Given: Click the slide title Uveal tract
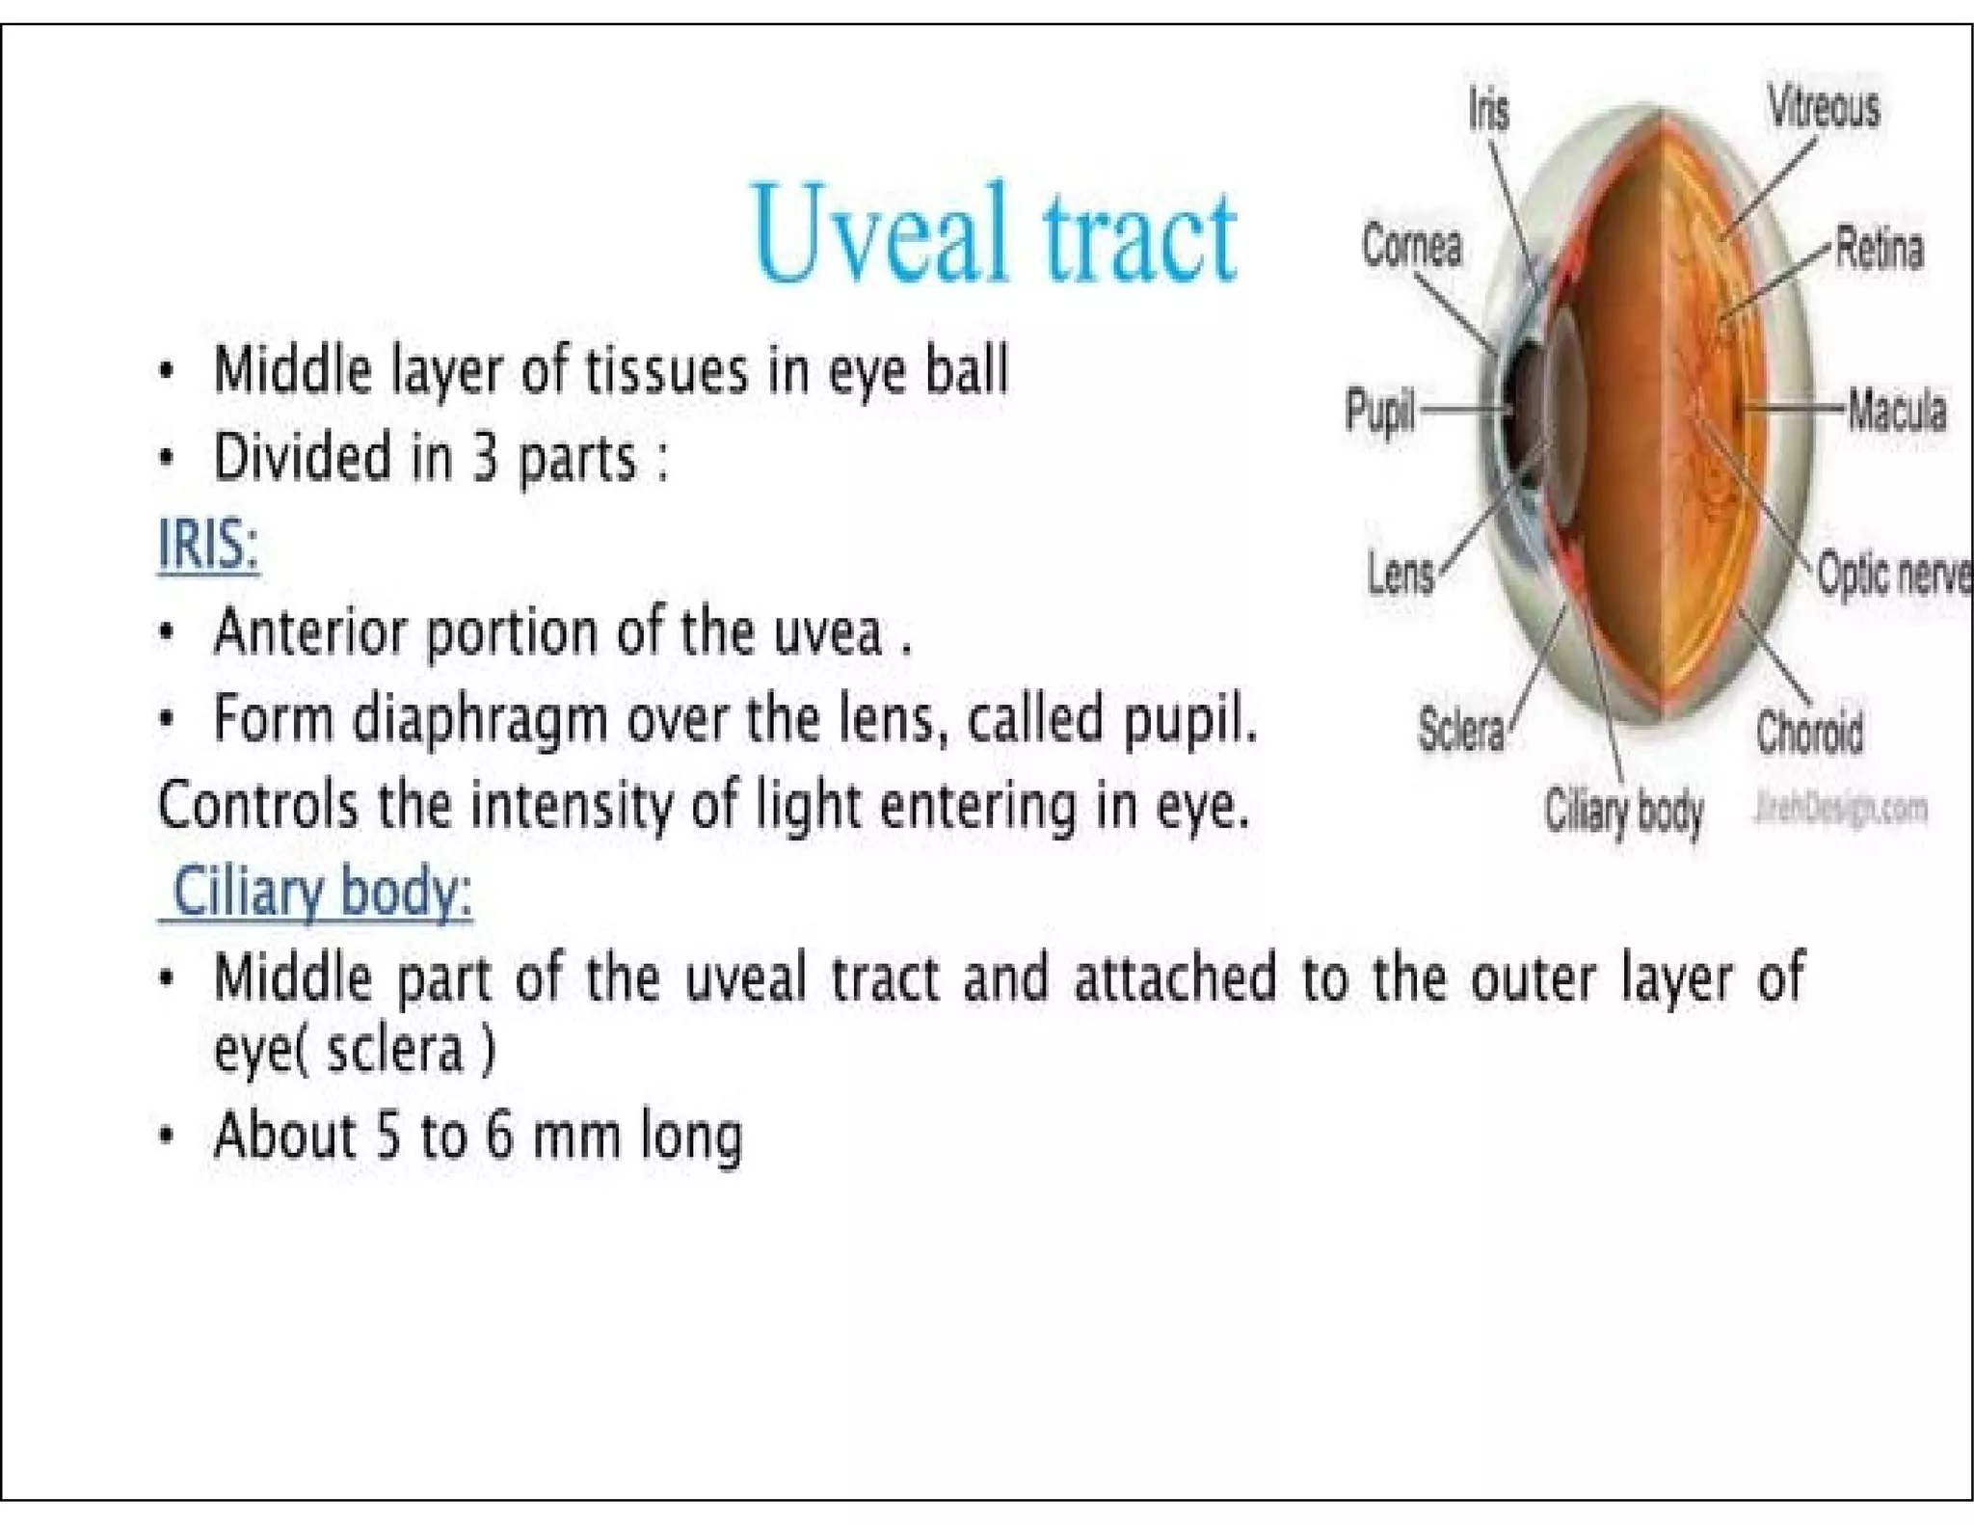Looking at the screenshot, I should pyautogui.click(x=994, y=234).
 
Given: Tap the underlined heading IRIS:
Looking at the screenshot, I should pyautogui.click(x=208, y=545).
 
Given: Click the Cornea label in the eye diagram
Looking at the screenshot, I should pyautogui.click(x=1411, y=246).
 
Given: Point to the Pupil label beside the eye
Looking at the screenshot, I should pyautogui.click(x=1379, y=411).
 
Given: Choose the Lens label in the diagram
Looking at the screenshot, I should pyautogui.click(x=1400, y=575).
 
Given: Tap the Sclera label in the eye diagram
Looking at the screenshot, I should pyautogui.click(x=1460, y=729).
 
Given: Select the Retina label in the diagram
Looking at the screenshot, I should pyautogui.click(x=1879, y=248).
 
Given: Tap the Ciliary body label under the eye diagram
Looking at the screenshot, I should pyautogui.click(x=1624, y=811).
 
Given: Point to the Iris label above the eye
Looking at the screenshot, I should pyautogui.click(x=1489, y=109).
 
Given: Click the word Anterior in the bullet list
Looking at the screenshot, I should pyautogui.click(x=309, y=632).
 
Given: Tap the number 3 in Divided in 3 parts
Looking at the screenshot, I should pyautogui.click(x=485, y=458).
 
